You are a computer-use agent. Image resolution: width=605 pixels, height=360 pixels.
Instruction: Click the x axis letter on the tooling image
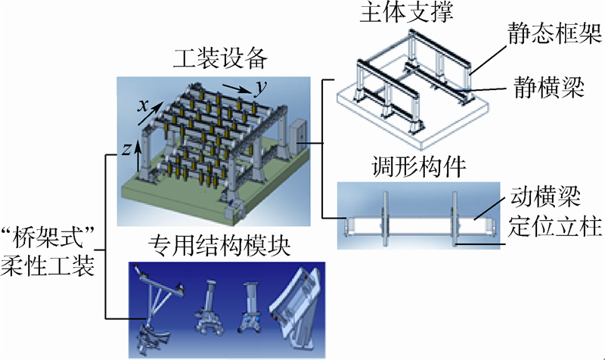tap(141, 106)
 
